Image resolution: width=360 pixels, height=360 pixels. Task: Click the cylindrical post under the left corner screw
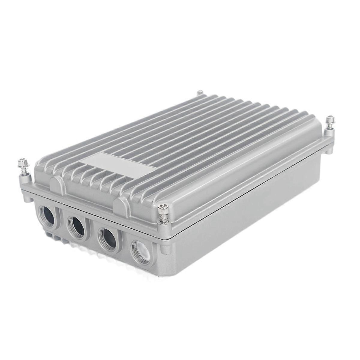coord(25,180)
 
